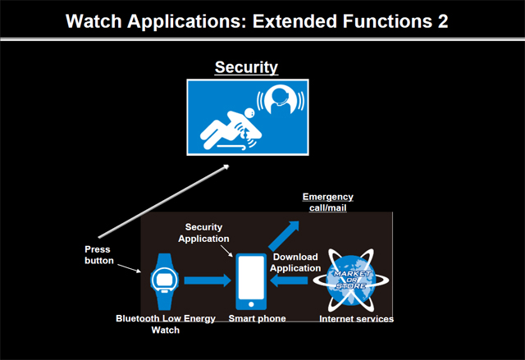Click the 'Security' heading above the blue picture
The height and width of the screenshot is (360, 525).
tap(246, 67)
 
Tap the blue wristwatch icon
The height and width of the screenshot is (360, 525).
tap(164, 281)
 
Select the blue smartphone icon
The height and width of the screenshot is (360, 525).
tap(251, 281)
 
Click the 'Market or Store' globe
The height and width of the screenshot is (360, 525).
tap(351, 280)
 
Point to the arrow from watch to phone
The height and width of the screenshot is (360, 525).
tap(208, 280)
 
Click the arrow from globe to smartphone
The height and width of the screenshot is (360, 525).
tap(289, 280)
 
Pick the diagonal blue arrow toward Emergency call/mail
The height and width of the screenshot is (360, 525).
tap(284, 235)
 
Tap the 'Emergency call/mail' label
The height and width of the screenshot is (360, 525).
tap(328, 202)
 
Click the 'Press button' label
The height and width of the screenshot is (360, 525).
tap(99, 255)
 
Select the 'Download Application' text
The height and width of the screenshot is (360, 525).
tap(295, 262)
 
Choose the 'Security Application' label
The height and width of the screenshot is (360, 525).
tap(203, 233)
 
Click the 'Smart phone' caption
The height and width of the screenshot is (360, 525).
tap(257, 318)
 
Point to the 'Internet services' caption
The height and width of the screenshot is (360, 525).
tap(356, 319)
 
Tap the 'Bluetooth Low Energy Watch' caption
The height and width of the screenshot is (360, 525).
tap(166, 324)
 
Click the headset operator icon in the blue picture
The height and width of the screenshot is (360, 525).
tap(281, 99)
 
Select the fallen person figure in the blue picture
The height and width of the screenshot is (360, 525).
tap(231, 130)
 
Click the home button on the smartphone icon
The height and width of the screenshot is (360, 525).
tap(251, 304)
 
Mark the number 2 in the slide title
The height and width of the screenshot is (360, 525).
tap(442, 21)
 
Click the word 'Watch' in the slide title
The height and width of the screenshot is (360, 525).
tap(94, 21)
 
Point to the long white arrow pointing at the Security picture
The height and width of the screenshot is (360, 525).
tap(164, 201)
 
